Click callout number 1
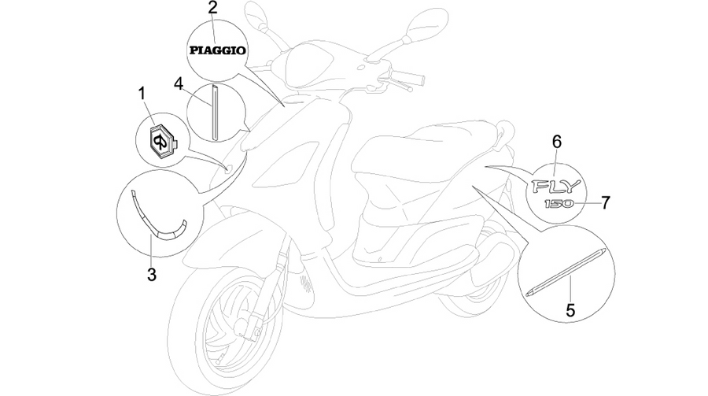point(142,94)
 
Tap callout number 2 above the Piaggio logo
point(212,8)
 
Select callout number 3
point(152,274)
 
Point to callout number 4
point(179,83)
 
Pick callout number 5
point(570,310)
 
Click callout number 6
point(557,142)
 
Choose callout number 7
point(605,202)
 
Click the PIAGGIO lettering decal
point(218,50)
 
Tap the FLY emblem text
point(555,187)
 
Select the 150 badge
point(559,204)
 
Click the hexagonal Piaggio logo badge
point(162,142)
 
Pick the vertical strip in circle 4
point(215,112)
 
